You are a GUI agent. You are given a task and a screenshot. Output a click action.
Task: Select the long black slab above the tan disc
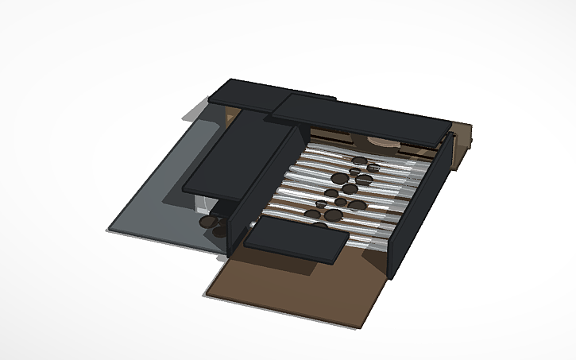(358, 118)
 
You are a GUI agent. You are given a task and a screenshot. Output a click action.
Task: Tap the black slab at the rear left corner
(246, 95)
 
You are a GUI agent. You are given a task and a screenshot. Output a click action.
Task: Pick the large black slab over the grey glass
(238, 155)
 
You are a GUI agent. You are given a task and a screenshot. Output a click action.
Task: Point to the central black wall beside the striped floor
(262, 187)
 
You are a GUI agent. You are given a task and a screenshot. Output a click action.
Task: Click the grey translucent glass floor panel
(159, 199)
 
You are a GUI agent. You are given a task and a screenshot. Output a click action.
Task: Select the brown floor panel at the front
(294, 290)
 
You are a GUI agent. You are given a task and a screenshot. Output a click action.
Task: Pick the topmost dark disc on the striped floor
(360, 161)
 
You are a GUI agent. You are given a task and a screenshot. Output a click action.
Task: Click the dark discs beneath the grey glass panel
(211, 220)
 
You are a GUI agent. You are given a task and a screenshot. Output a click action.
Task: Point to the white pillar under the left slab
(200, 206)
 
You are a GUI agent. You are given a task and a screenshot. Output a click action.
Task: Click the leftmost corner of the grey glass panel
(109, 230)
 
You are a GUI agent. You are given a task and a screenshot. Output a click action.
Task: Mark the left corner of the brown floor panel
(205, 295)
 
